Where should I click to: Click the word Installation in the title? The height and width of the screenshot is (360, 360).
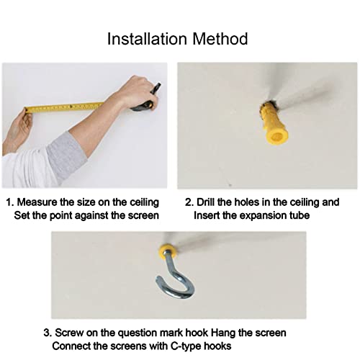147,39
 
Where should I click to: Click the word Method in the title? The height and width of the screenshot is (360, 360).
220,39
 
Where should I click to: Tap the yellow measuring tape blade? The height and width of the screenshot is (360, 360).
65,107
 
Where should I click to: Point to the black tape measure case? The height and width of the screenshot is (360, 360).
145,101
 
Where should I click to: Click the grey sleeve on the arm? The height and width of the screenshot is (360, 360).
66,157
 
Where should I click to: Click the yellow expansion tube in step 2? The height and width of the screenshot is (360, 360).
273,124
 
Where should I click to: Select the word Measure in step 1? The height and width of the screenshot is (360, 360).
37,202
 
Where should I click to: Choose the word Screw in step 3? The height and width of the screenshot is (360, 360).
69,333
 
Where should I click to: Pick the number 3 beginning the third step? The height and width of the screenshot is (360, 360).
47,333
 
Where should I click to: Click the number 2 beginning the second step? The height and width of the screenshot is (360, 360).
189,202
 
